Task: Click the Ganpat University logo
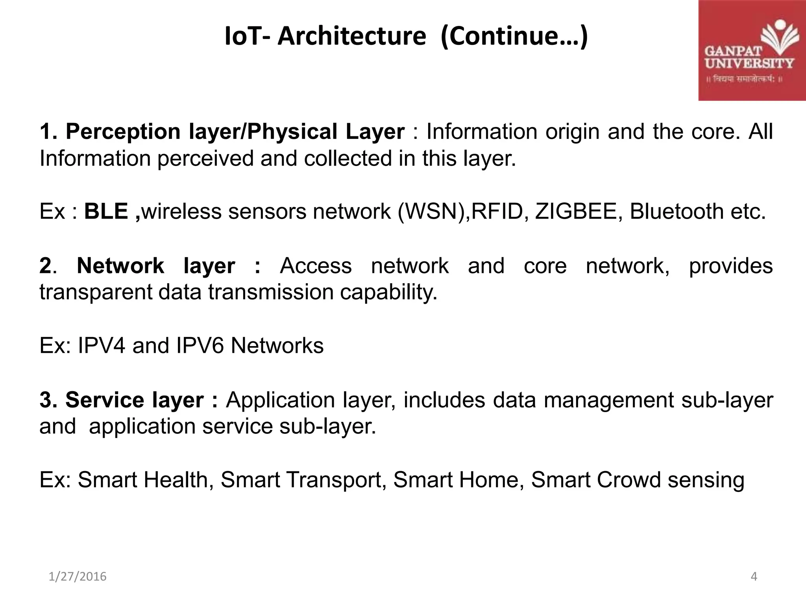pyautogui.click(x=752, y=50)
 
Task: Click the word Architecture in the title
pyautogui.click(x=352, y=36)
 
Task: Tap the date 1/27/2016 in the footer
pyautogui.click(x=78, y=576)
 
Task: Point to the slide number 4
pyautogui.click(x=754, y=576)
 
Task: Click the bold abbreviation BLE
pyautogui.click(x=106, y=211)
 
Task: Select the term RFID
pyautogui.click(x=497, y=211)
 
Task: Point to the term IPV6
pyautogui.click(x=200, y=346)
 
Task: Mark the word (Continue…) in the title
pyautogui.click(x=514, y=36)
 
